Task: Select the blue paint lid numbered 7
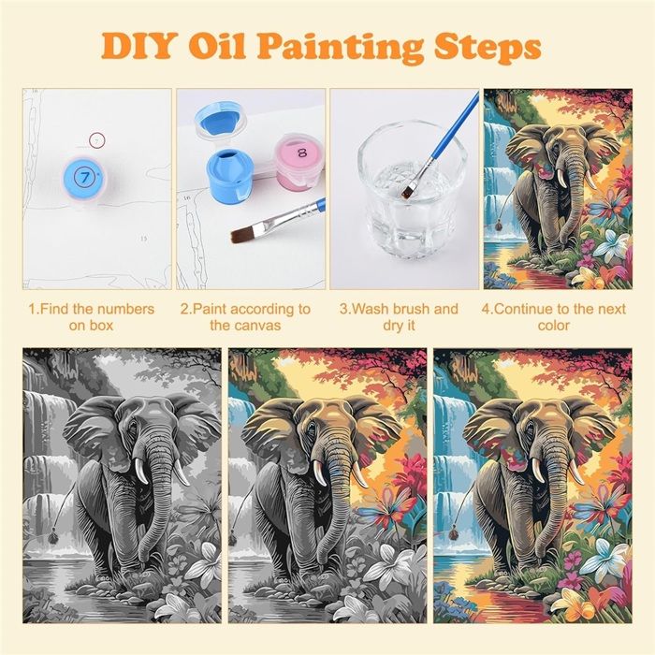click(x=85, y=178)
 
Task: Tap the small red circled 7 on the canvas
click(x=96, y=141)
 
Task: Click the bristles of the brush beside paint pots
click(x=242, y=234)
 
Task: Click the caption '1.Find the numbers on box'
click(x=92, y=317)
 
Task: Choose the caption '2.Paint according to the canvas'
click(x=245, y=317)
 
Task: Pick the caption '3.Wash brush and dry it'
click(x=399, y=317)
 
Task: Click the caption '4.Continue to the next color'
click(x=554, y=317)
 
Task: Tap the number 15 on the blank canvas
click(x=144, y=239)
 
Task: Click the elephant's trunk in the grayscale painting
click(x=157, y=502)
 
